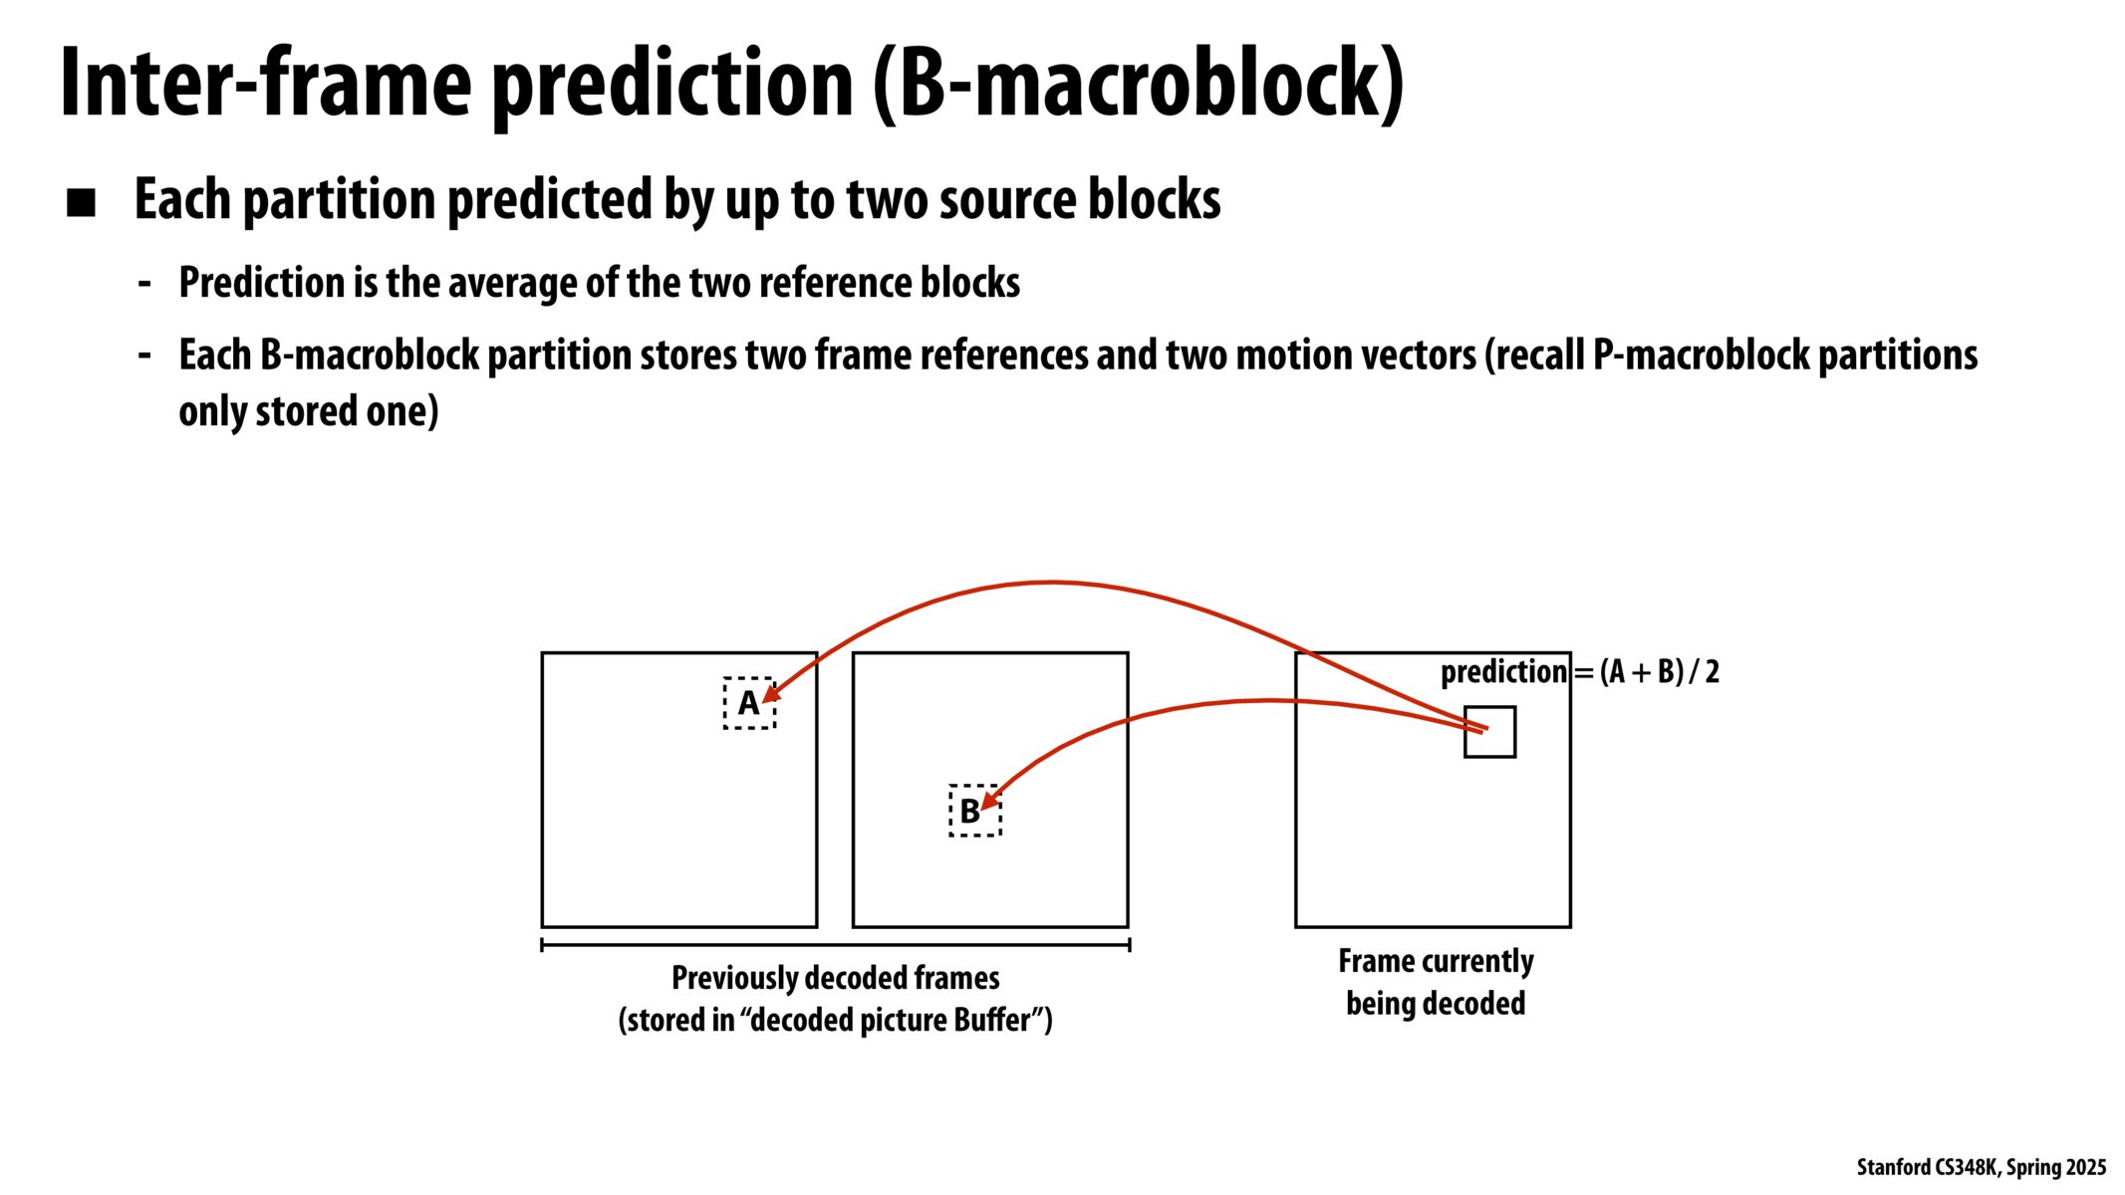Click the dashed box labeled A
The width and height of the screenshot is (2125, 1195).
tap(748, 703)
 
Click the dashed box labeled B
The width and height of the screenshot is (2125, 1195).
tap(973, 811)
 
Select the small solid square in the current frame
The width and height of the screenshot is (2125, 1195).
tap(1489, 733)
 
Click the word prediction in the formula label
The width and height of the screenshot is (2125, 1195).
tap(1503, 672)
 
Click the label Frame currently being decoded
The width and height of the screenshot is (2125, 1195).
tap(1435, 982)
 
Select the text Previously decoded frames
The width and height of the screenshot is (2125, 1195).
tap(835, 978)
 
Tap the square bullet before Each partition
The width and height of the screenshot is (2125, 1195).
tap(81, 203)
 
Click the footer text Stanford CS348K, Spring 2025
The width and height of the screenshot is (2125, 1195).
tap(1981, 1167)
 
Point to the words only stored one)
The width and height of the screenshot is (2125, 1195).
tap(308, 411)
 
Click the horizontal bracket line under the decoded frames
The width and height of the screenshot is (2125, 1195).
tap(835, 944)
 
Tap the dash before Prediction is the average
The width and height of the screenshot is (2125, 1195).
tap(144, 284)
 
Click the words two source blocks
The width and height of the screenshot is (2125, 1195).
tap(1033, 199)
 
